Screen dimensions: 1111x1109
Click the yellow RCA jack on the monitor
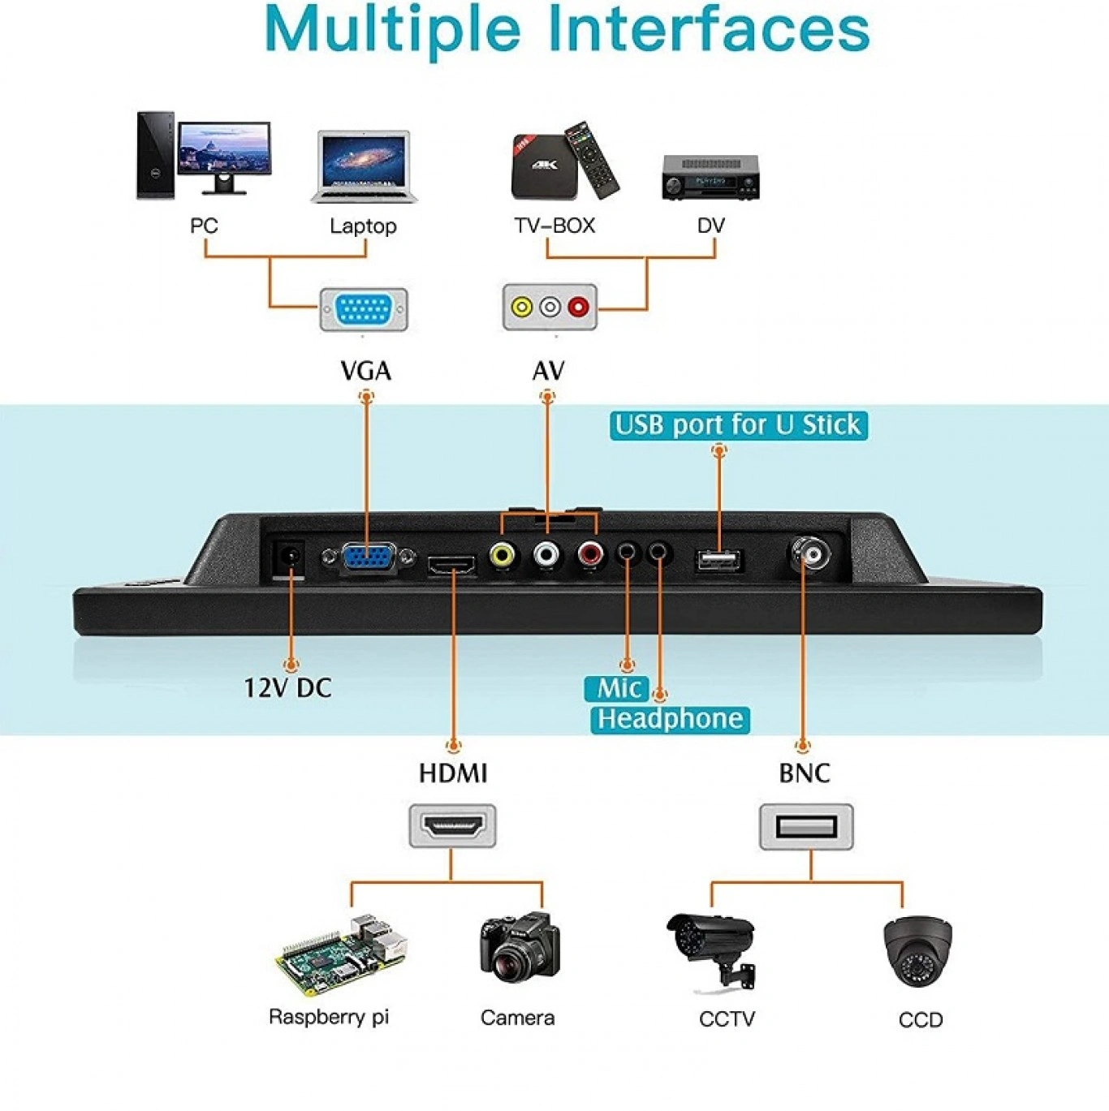(503, 556)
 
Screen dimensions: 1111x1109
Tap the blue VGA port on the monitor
(369, 559)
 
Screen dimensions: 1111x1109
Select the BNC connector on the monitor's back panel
(809, 555)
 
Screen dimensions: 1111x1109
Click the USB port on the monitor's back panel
(718, 560)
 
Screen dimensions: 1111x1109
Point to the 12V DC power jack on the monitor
(289, 558)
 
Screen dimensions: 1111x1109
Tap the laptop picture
(364, 166)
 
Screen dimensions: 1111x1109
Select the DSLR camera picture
(520, 947)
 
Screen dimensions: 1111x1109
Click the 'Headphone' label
(670, 719)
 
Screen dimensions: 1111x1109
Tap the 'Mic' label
(618, 689)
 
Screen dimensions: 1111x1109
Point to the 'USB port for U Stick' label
(738, 425)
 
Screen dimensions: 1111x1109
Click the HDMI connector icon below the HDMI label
(452, 827)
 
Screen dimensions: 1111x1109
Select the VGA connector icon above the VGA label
(364, 309)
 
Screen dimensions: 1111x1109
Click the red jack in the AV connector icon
(578, 308)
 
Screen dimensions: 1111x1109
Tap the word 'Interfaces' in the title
(709, 29)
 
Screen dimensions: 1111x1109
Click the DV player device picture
(710, 178)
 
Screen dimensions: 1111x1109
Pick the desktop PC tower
(155, 156)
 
